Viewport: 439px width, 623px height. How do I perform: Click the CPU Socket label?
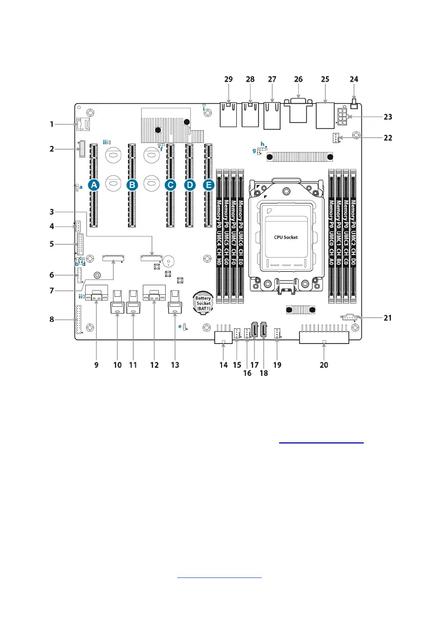pyautogui.click(x=286, y=237)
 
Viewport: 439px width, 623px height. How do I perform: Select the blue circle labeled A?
pyautogui.click(x=94, y=185)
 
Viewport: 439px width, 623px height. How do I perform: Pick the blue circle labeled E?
pyautogui.click(x=209, y=185)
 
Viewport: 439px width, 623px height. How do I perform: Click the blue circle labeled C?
pyautogui.click(x=170, y=185)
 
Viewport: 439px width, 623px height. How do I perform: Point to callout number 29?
pyautogui.click(x=228, y=79)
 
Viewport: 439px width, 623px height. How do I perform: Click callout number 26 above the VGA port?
pyautogui.click(x=298, y=79)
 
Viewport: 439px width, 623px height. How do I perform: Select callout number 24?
pyautogui.click(x=354, y=79)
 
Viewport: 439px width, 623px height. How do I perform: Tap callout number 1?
pyautogui.click(x=52, y=124)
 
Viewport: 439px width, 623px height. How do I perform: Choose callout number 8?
pyautogui.click(x=52, y=319)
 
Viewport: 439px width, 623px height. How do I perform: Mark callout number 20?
pyautogui.click(x=324, y=364)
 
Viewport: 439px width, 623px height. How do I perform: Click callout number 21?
pyautogui.click(x=387, y=317)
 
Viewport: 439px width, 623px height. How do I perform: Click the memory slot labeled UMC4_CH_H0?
pyautogui.click(x=219, y=236)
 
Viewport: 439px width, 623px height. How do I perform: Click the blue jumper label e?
pyautogui.click(x=180, y=326)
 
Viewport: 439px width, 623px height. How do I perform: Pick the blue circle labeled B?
pyautogui.click(x=132, y=185)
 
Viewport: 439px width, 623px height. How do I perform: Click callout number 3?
pyautogui.click(x=52, y=212)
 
